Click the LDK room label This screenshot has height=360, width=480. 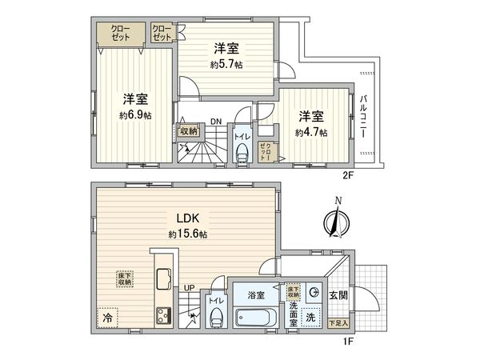(188, 217)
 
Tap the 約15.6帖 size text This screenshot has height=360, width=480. (188, 234)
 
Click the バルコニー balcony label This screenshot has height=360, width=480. (364, 117)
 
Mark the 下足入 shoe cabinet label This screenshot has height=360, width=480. (338, 322)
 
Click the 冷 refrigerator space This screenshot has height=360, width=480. (107, 317)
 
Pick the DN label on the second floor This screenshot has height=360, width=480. (216, 122)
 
